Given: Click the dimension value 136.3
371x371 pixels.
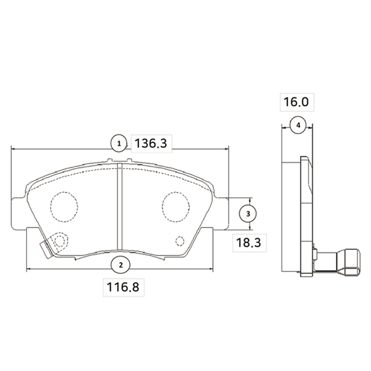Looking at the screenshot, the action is click(x=151, y=143).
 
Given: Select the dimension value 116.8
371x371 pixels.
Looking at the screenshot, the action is click(x=123, y=288).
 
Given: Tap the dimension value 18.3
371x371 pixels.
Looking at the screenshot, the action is click(x=249, y=242).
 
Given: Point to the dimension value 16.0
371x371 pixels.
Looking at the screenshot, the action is click(x=296, y=102).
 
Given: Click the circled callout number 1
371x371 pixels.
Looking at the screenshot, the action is click(x=119, y=143).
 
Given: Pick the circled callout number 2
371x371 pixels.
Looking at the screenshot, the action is click(x=121, y=265).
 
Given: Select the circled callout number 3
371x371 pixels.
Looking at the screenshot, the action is click(x=248, y=214).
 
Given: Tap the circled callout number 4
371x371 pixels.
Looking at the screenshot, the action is click(x=298, y=125).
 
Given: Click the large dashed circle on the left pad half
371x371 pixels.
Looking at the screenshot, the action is click(x=64, y=207).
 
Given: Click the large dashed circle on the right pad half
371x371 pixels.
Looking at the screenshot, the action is click(x=176, y=207).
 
